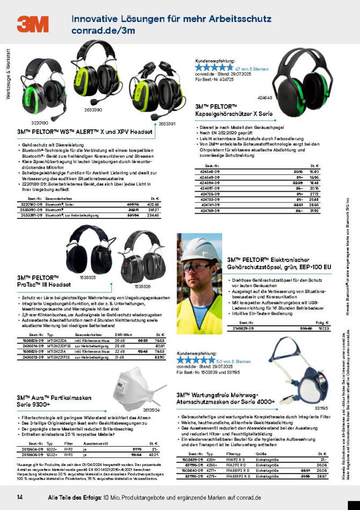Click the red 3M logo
(32, 24)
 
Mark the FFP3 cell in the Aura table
(68, 439)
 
